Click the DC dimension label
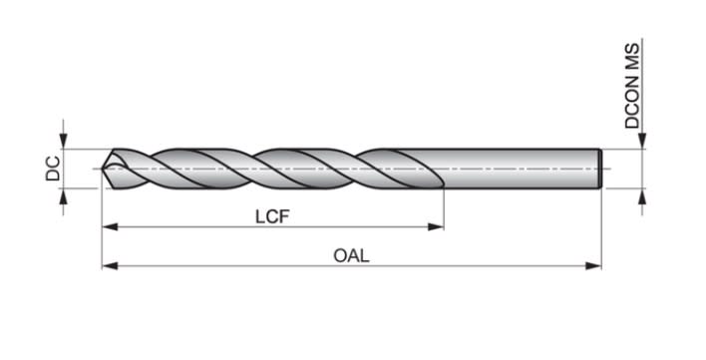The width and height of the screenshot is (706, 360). [54, 169]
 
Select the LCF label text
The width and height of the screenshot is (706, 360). [272, 215]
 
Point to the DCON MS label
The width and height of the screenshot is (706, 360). [632, 86]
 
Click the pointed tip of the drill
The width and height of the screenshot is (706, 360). [104, 169]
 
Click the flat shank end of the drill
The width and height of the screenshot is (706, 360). [600, 169]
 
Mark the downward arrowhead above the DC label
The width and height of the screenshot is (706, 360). [65, 142]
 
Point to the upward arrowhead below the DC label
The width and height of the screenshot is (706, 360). [65, 196]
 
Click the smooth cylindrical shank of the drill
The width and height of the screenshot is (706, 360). [519, 169]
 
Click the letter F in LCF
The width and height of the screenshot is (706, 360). [284, 215]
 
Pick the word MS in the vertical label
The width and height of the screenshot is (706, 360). [632, 55]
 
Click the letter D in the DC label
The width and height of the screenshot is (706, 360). [54, 175]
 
